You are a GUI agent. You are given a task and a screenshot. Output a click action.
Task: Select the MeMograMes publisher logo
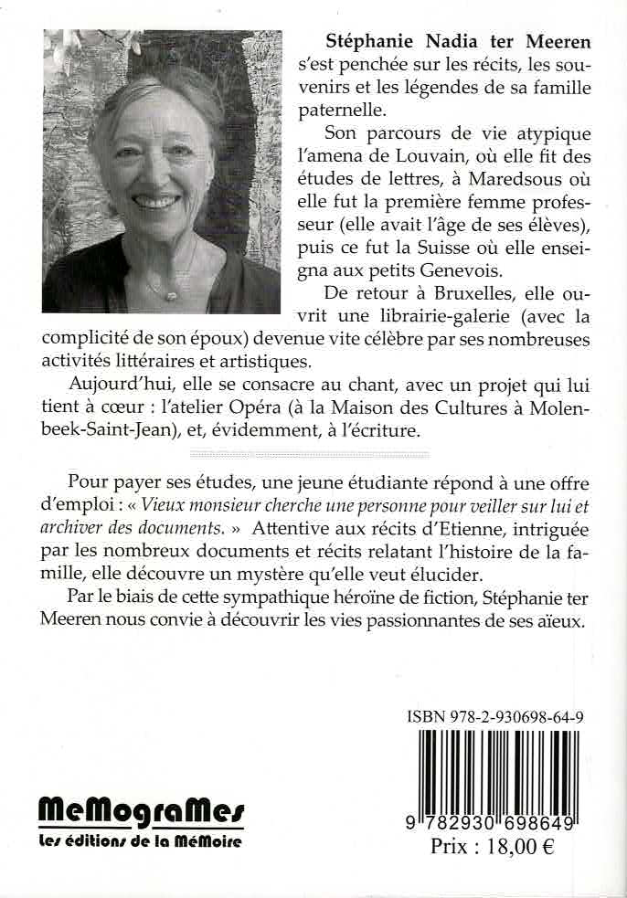142,810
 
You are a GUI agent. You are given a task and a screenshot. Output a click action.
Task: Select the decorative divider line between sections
308,452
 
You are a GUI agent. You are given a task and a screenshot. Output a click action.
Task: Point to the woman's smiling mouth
155,200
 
